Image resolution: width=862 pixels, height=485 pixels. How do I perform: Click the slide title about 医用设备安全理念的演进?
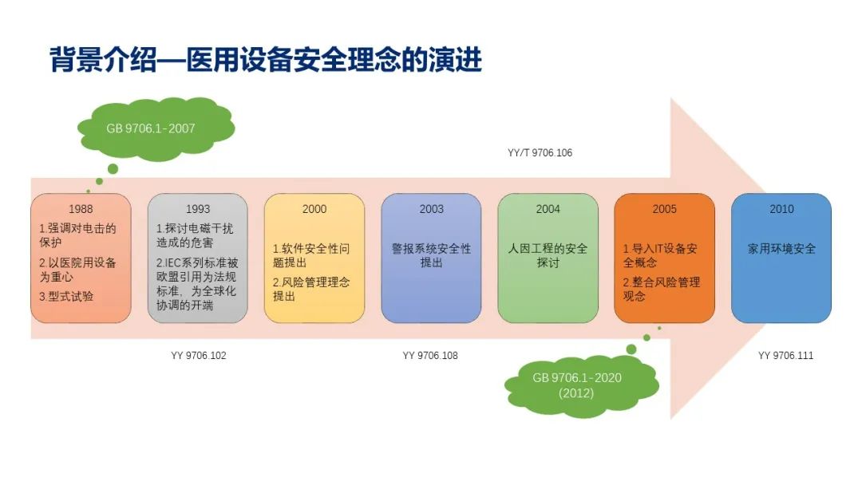point(266,61)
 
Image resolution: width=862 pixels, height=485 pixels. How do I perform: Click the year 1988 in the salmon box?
point(81,209)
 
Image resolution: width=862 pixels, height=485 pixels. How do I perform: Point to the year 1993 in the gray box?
point(198,209)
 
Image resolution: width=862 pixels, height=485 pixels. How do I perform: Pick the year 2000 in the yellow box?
point(314,209)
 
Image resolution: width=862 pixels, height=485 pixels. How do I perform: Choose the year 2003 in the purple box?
point(432,209)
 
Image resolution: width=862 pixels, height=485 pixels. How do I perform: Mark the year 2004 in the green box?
point(548,209)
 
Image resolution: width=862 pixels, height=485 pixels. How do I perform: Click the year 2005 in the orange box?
point(664,209)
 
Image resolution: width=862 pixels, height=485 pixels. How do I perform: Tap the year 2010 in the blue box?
point(782,209)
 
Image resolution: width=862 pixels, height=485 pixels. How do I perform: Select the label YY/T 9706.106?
point(540,152)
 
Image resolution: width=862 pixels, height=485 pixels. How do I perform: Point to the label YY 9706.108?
point(430,356)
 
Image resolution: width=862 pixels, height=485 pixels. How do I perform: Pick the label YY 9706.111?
point(785,356)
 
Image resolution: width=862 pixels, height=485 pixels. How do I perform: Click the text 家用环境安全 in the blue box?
point(782,249)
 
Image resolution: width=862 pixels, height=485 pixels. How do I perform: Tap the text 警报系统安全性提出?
point(432,255)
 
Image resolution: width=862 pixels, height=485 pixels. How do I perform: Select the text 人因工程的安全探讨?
point(548,255)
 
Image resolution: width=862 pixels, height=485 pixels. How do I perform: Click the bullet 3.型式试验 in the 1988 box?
point(66,296)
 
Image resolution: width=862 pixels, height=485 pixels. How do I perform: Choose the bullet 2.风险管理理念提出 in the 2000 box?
point(311,289)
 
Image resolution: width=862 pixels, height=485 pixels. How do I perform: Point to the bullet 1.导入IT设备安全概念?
point(660,255)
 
